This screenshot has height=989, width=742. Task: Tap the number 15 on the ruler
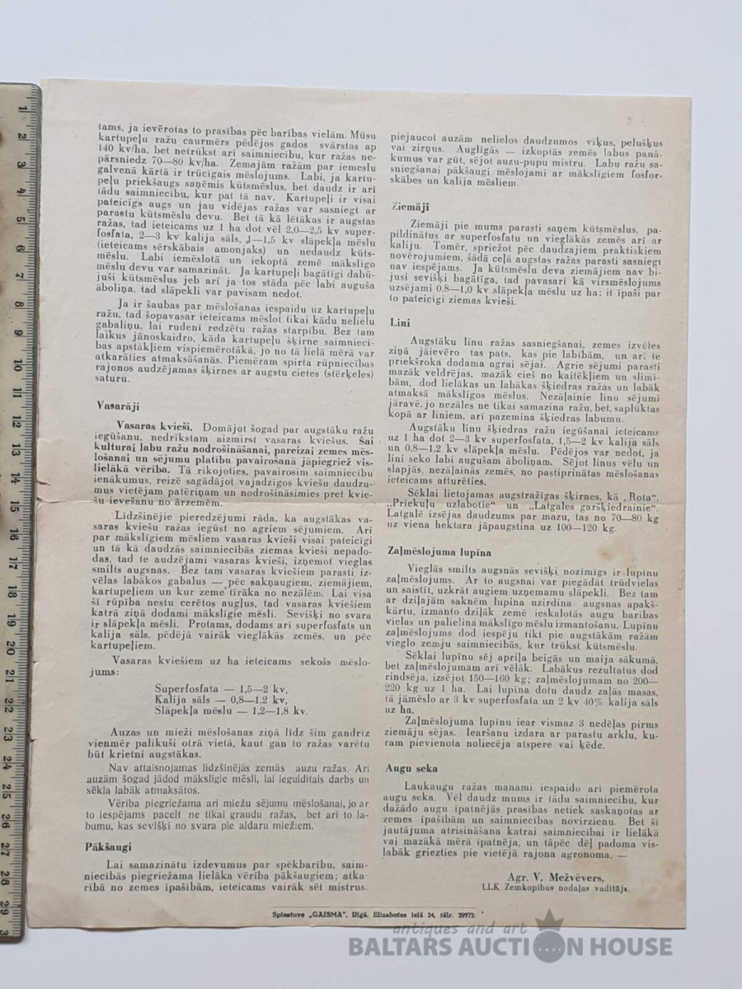(16, 507)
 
